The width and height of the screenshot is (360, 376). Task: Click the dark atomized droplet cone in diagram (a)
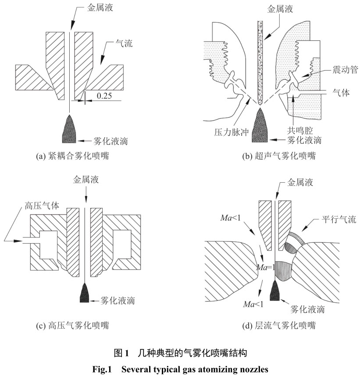[69, 128]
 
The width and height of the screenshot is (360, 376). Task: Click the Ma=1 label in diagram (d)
[266, 267]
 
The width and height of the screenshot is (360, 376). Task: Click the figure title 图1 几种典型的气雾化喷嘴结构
[180, 352]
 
